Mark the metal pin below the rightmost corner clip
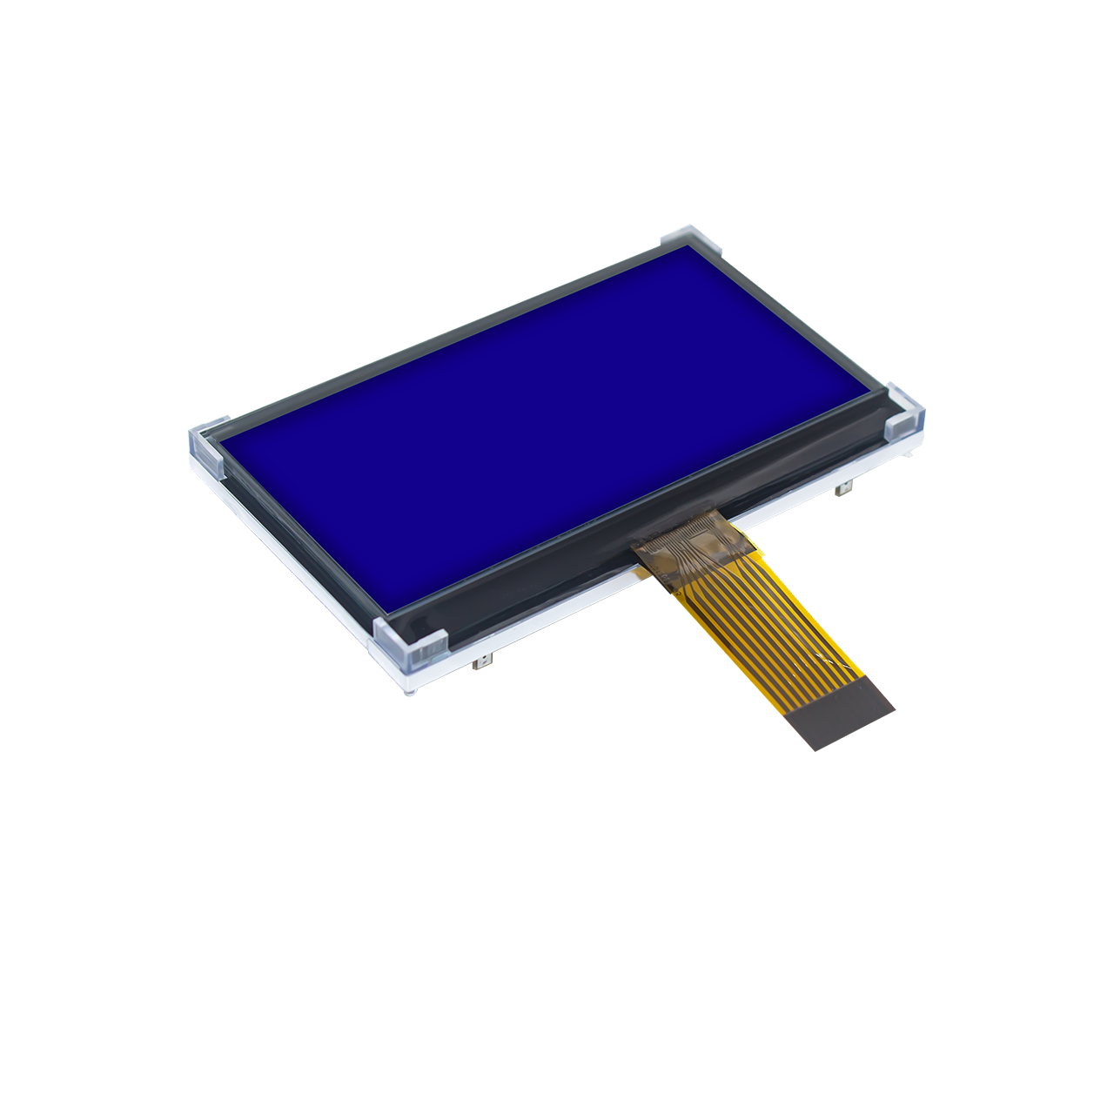[842, 491]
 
